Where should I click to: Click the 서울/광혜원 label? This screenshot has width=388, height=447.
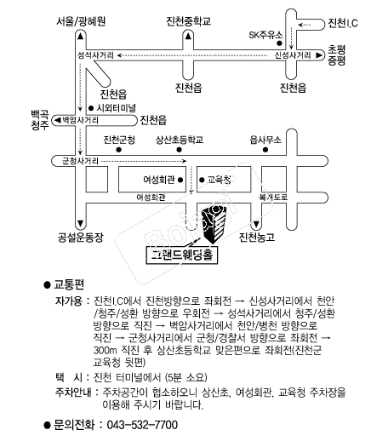pyautogui.click(x=81, y=21)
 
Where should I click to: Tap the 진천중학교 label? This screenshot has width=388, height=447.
pyautogui.click(x=188, y=21)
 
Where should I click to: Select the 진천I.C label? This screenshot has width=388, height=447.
pyautogui.click(x=343, y=23)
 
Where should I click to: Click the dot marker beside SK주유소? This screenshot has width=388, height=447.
pyautogui.click(x=279, y=43)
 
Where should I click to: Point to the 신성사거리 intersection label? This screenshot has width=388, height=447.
pyautogui.click(x=293, y=55)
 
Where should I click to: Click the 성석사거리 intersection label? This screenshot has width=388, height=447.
pyautogui.click(x=95, y=55)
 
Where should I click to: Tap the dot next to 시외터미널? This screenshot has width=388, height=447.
pyautogui.click(x=91, y=108)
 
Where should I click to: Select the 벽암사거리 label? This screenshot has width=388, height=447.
pyautogui.click(x=80, y=120)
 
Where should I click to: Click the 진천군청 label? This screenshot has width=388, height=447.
pyautogui.click(x=119, y=140)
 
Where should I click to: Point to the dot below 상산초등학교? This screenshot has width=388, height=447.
pyautogui.click(x=179, y=150)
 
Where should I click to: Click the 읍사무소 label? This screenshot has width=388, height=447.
pyautogui.click(x=265, y=140)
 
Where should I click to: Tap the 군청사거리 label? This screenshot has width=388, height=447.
pyautogui.click(x=80, y=161)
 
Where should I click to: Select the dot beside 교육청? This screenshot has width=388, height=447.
pyautogui.click(x=202, y=180)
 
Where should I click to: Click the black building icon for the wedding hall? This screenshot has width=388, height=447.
pyautogui.click(x=214, y=225)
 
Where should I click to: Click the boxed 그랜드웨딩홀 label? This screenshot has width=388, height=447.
pyautogui.click(x=182, y=255)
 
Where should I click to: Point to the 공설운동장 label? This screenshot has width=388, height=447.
pyautogui.click(x=80, y=238)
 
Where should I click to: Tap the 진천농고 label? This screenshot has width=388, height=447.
pyautogui.click(x=257, y=238)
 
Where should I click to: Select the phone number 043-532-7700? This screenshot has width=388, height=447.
pyautogui.click(x=142, y=425)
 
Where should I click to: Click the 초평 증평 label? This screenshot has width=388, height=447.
pyautogui.click(x=336, y=55)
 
